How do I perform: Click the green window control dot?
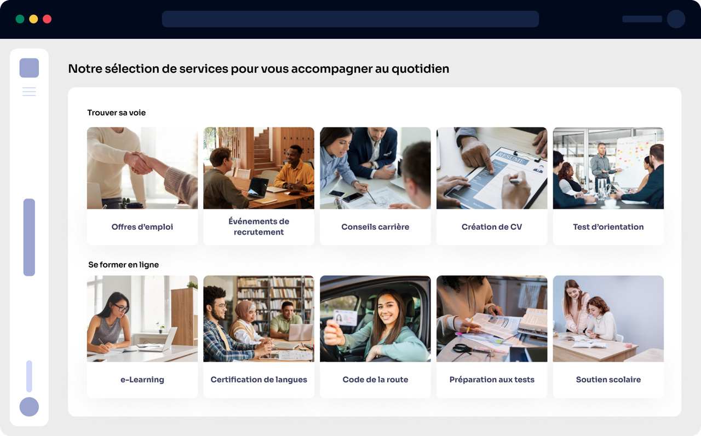pyautogui.click(x=20, y=19)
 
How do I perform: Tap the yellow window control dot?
pyautogui.click(x=33, y=19)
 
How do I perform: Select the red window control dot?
pyautogui.click(x=47, y=19)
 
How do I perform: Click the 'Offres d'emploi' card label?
pyautogui.click(x=142, y=226)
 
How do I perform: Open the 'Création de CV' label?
pyautogui.click(x=492, y=226)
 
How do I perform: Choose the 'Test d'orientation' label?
pyautogui.click(x=608, y=226)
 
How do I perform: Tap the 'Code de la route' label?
pyautogui.click(x=375, y=380)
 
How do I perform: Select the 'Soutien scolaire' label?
pyautogui.click(x=608, y=380)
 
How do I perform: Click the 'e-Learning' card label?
pyautogui.click(x=142, y=380)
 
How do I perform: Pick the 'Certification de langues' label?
pyautogui.click(x=259, y=380)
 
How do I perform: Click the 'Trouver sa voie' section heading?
pyautogui.click(x=117, y=113)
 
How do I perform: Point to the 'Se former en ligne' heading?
pyautogui.click(x=123, y=265)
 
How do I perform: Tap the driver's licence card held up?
pyautogui.click(x=344, y=317)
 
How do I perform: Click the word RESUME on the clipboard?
pyautogui.click(x=511, y=158)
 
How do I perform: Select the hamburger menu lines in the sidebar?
pyautogui.click(x=29, y=91)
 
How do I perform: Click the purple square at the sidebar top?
pyautogui.click(x=29, y=68)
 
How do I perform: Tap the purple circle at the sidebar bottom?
pyautogui.click(x=29, y=406)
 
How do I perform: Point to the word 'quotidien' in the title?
pyautogui.click(x=420, y=69)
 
